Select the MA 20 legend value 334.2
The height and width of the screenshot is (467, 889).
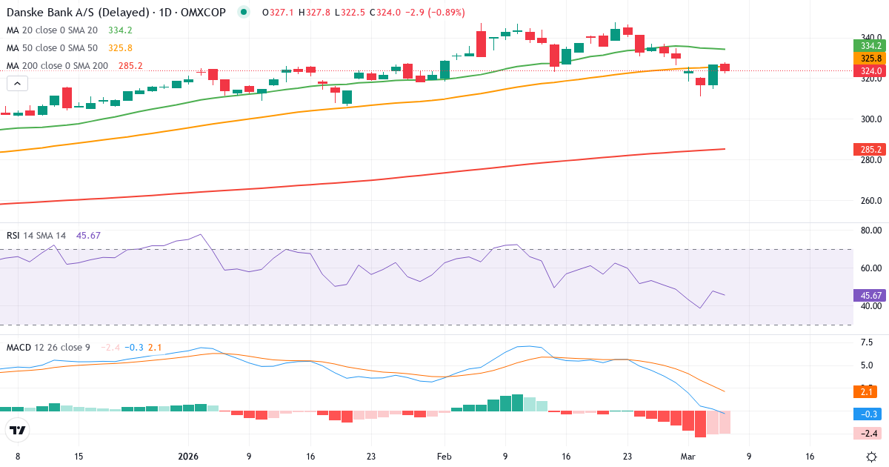tap(120, 30)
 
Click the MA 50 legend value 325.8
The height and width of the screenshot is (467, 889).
tap(120, 47)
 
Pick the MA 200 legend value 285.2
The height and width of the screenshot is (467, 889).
tap(130, 65)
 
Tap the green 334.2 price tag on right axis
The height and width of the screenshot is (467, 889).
tap(870, 45)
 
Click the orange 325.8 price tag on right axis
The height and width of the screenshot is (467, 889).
tap(870, 58)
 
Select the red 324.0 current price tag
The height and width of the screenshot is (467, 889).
tap(870, 70)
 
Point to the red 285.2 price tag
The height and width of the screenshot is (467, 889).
tap(870, 149)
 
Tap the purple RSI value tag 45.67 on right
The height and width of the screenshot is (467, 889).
tap(870, 294)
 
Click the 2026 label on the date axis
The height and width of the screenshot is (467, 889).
tap(187, 457)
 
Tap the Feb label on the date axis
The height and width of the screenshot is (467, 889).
tap(444, 457)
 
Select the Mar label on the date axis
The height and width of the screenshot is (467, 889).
tap(687, 457)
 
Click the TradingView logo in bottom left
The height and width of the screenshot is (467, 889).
tap(18, 430)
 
